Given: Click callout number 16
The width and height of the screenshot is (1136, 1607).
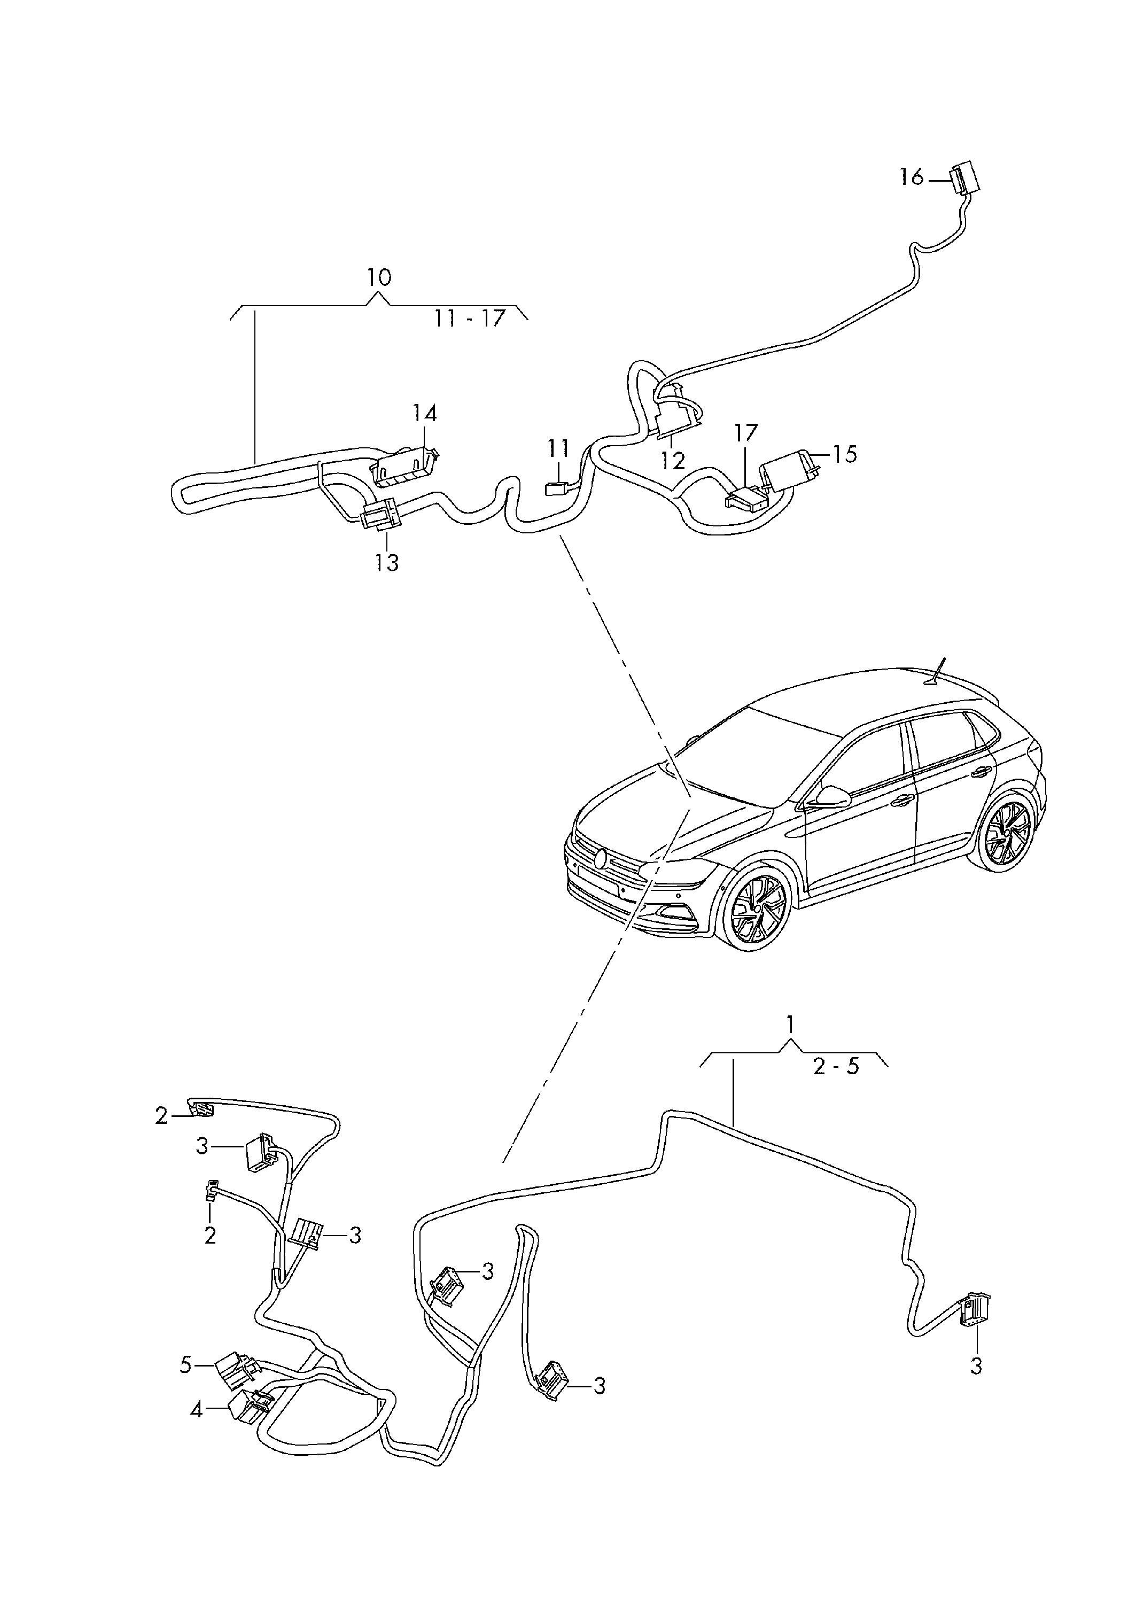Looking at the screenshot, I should click(x=912, y=178).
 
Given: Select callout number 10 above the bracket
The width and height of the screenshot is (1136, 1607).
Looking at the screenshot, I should click(x=379, y=278).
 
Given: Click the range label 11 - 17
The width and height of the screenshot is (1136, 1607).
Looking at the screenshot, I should click(x=469, y=319).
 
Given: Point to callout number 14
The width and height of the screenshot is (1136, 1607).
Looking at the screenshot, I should click(x=424, y=414).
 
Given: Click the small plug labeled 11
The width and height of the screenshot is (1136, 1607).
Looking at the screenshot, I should click(x=556, y=488).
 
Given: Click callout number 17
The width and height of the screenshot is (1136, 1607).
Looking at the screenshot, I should click(x=745, y=433).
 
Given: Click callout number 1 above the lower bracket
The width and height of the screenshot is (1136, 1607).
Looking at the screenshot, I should click(x=790, y=1026).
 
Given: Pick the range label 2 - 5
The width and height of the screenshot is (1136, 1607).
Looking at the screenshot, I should click(x=836, y=1067).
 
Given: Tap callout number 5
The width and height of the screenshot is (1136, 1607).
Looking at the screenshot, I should click(x=185, y=1365).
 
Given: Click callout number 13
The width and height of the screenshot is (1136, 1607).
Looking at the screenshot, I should click(x=386, y=562).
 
